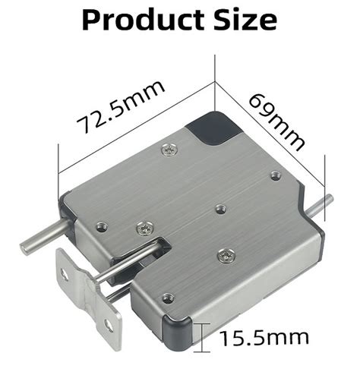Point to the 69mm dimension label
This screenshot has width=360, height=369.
click(278, 121)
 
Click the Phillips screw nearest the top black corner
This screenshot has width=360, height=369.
click(169, 150)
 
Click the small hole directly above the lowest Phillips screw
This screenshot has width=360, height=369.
click(220, 207)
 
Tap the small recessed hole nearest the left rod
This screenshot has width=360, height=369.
click(99, 222)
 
